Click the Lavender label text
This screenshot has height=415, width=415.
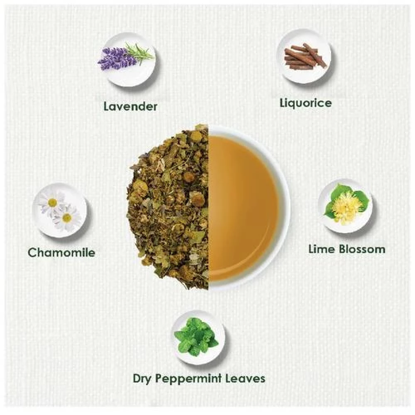[130, 106]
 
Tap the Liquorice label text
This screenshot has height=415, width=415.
[306, 103]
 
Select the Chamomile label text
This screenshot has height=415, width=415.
[61, 252]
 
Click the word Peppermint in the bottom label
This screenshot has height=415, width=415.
[188, 379]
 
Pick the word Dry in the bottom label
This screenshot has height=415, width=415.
[142, 379]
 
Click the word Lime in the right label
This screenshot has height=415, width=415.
[322, 249]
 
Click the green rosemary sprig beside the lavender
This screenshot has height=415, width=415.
[139, 54]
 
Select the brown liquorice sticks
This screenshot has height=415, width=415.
[305, 56]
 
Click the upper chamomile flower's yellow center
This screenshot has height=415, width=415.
[52, 203]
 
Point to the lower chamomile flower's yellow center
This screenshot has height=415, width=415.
[67, 217]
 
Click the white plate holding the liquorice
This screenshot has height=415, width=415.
[304, 56]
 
